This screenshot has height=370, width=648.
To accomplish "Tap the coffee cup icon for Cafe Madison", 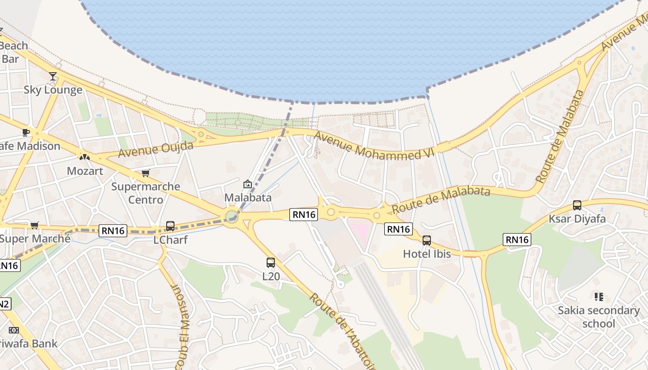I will [x=26, y=133].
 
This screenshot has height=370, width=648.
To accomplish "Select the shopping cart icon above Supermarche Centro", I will [x=146, y=173].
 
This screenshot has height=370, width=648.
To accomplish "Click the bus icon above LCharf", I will [x=170, y=226].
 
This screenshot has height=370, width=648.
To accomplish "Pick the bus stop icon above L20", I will [x=271, y=263].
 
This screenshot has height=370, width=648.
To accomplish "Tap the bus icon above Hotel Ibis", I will [x=427, y=240].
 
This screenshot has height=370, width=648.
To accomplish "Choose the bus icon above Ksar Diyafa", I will [x=577, y=205].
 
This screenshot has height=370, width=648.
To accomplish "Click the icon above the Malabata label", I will [x=248, y=184].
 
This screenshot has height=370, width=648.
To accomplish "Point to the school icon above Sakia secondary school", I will [x=598, y=297].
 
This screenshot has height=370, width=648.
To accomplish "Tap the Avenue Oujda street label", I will [x=156, y=149].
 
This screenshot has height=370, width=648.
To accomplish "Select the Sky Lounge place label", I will [x=53, y=90].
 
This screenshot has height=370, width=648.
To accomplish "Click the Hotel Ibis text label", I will [x=427, y=253].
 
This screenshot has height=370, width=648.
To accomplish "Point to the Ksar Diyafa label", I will [x=577, y=218].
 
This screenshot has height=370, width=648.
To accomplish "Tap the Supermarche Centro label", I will [x=146, y=193].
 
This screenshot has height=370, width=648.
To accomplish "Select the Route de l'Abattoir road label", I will [x=342, y=331].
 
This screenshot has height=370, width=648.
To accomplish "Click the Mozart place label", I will [x=85, y=171].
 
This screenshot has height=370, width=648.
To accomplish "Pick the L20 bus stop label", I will [x=271, y=277].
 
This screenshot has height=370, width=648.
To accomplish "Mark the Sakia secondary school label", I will [x=598, y=317].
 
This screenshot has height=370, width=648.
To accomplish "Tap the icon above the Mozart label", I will [x=84, y=157].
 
